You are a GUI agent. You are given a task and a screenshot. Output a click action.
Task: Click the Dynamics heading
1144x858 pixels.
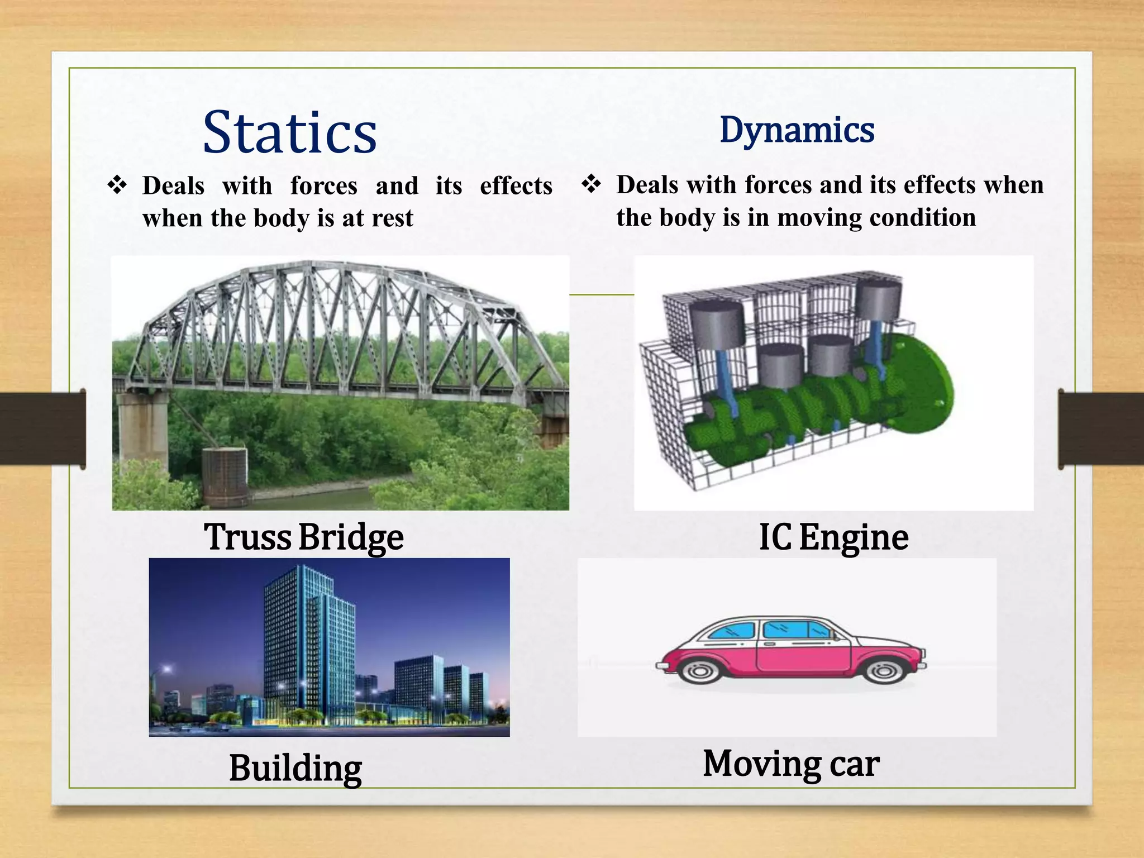click(797, 130)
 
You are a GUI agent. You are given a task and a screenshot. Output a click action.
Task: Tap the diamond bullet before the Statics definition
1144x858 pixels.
click(117, 184)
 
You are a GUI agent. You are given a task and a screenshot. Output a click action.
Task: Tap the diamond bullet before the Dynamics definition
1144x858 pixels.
click(591, 183)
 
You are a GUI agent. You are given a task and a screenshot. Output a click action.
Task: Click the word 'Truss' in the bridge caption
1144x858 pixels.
click(247, 537)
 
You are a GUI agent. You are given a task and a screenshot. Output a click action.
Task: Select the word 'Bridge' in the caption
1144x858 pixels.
click(351, 537)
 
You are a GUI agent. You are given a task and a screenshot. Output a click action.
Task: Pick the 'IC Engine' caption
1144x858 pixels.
click(833, 537)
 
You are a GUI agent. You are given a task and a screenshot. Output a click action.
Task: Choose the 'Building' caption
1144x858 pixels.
click(295, 768)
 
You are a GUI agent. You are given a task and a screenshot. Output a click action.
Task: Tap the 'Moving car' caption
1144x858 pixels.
click(791, 764)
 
